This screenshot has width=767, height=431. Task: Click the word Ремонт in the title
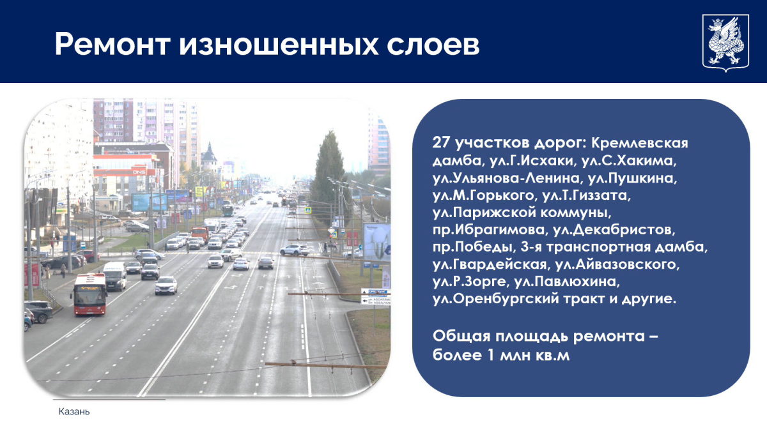coord(112,45)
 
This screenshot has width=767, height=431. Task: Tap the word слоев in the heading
coord(433,45)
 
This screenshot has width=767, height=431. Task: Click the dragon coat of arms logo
coord(725,43)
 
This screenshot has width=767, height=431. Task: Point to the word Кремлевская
coord(640,143)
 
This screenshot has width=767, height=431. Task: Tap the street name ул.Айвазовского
coord(617,264)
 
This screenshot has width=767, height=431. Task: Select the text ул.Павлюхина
coord(567,282)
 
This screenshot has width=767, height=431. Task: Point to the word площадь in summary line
coord(532,336)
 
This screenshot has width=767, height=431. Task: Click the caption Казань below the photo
coord(74,411)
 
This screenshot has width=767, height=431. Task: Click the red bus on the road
coord(89,294)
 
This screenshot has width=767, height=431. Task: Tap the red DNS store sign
coord(139,171)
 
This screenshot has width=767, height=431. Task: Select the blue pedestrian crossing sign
coord(307,210)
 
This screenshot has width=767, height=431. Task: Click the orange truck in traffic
coord(199,233)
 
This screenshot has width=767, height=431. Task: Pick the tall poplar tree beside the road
coord(329,171)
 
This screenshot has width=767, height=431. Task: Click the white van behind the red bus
coord(115,276)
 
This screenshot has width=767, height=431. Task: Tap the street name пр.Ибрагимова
coord(488,230)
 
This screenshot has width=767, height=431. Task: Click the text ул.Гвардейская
coord(490,264)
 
